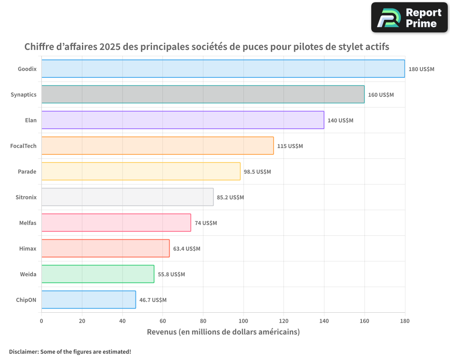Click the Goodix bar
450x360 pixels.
coord(223,69)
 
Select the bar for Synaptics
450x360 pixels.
coord(202,94)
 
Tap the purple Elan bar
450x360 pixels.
coord(182,120)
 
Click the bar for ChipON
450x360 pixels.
coord(88,300)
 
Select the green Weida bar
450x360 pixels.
coord(98,274)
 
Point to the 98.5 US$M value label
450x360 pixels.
coord(257,171)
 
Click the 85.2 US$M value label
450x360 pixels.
coord(230,197)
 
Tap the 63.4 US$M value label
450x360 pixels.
coord(187,248)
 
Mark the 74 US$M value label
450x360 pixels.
coord(206,223)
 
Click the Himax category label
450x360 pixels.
coord(28,248)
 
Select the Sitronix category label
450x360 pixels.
coord(26,197)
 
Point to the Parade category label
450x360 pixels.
coord(27,171)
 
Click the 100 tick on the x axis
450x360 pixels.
coord(243,321)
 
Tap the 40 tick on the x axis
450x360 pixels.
coord(122,321)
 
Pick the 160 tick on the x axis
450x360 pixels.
coord(364,321)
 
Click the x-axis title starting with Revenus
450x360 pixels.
coord(223,332)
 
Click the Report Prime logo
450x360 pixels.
coord(409,18)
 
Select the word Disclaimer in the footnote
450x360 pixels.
coord(23,351)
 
